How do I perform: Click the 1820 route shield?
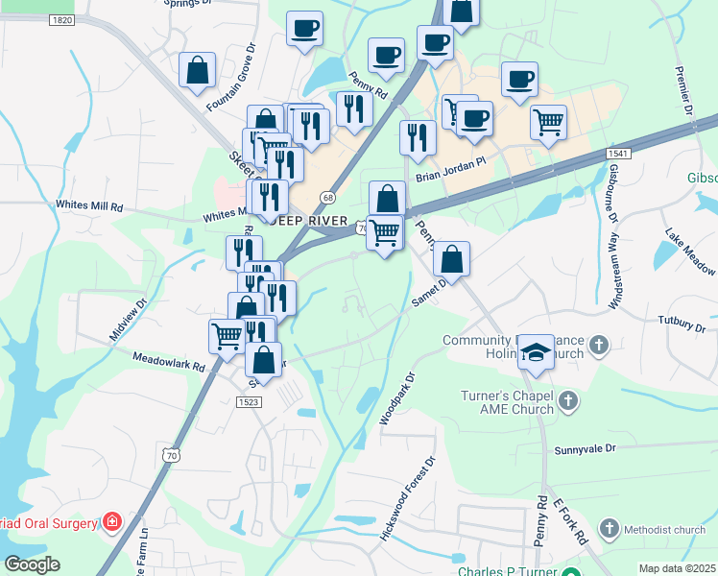point(61,20)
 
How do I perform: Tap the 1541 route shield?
point(619,154)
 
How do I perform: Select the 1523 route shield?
point(249,403)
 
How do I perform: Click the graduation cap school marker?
point(536,351)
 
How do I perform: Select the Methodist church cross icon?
point(609,529)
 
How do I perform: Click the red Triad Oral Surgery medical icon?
point(112,523)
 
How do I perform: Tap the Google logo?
point(32,564)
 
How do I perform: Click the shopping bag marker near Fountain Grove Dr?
point(197,70)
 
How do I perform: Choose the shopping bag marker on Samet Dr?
point(451,259)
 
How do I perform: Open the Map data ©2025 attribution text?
point(677,568)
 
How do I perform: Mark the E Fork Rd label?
point(569,522)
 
